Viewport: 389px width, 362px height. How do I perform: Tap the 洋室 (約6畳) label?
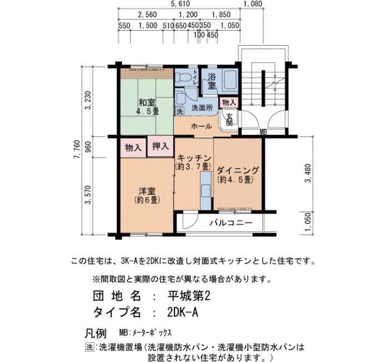pyautogui.click(x=147, y=195)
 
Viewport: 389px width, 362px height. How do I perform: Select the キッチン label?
pyautogui.click(x=194, y=158)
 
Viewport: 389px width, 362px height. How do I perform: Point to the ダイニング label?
pyautogui.click(x=238, y=170)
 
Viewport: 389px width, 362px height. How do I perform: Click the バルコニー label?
pyautogui.click(x=231, y=223)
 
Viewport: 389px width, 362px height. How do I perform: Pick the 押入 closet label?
pyautogui.click(x=160, y=146)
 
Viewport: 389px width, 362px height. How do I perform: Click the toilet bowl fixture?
pyautogui.click(x=183, y=77)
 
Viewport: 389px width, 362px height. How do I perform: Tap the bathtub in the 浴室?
pyautogui.click(x=231, y=80)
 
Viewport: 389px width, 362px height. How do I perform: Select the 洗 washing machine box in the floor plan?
pyautogui.click(x=179, y=111)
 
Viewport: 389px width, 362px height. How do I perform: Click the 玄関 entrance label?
pyautogui.click(x=230, y=119)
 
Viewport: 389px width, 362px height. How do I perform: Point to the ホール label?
pyautogui.click(x=202, y=126)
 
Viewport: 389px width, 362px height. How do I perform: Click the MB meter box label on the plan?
pyautogui.click(x=263, y=133)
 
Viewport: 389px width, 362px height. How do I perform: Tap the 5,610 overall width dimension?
pyautogui.click(x=181, y=4)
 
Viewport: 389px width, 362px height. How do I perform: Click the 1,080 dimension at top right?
pyautogui.click(x=253, y=4)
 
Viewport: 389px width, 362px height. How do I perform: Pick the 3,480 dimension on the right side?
pyautogui.click(x=308, y=173)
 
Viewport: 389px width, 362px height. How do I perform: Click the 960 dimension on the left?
pyautogui.click(x=88, y=147)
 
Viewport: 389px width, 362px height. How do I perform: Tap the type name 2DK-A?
pyautogui.click(x=183, y=312)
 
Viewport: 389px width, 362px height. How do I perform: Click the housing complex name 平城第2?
pyautogui.click(x=189, y=296)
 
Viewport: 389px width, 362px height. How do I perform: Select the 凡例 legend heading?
pyautogui.click(x=96, y=333)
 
